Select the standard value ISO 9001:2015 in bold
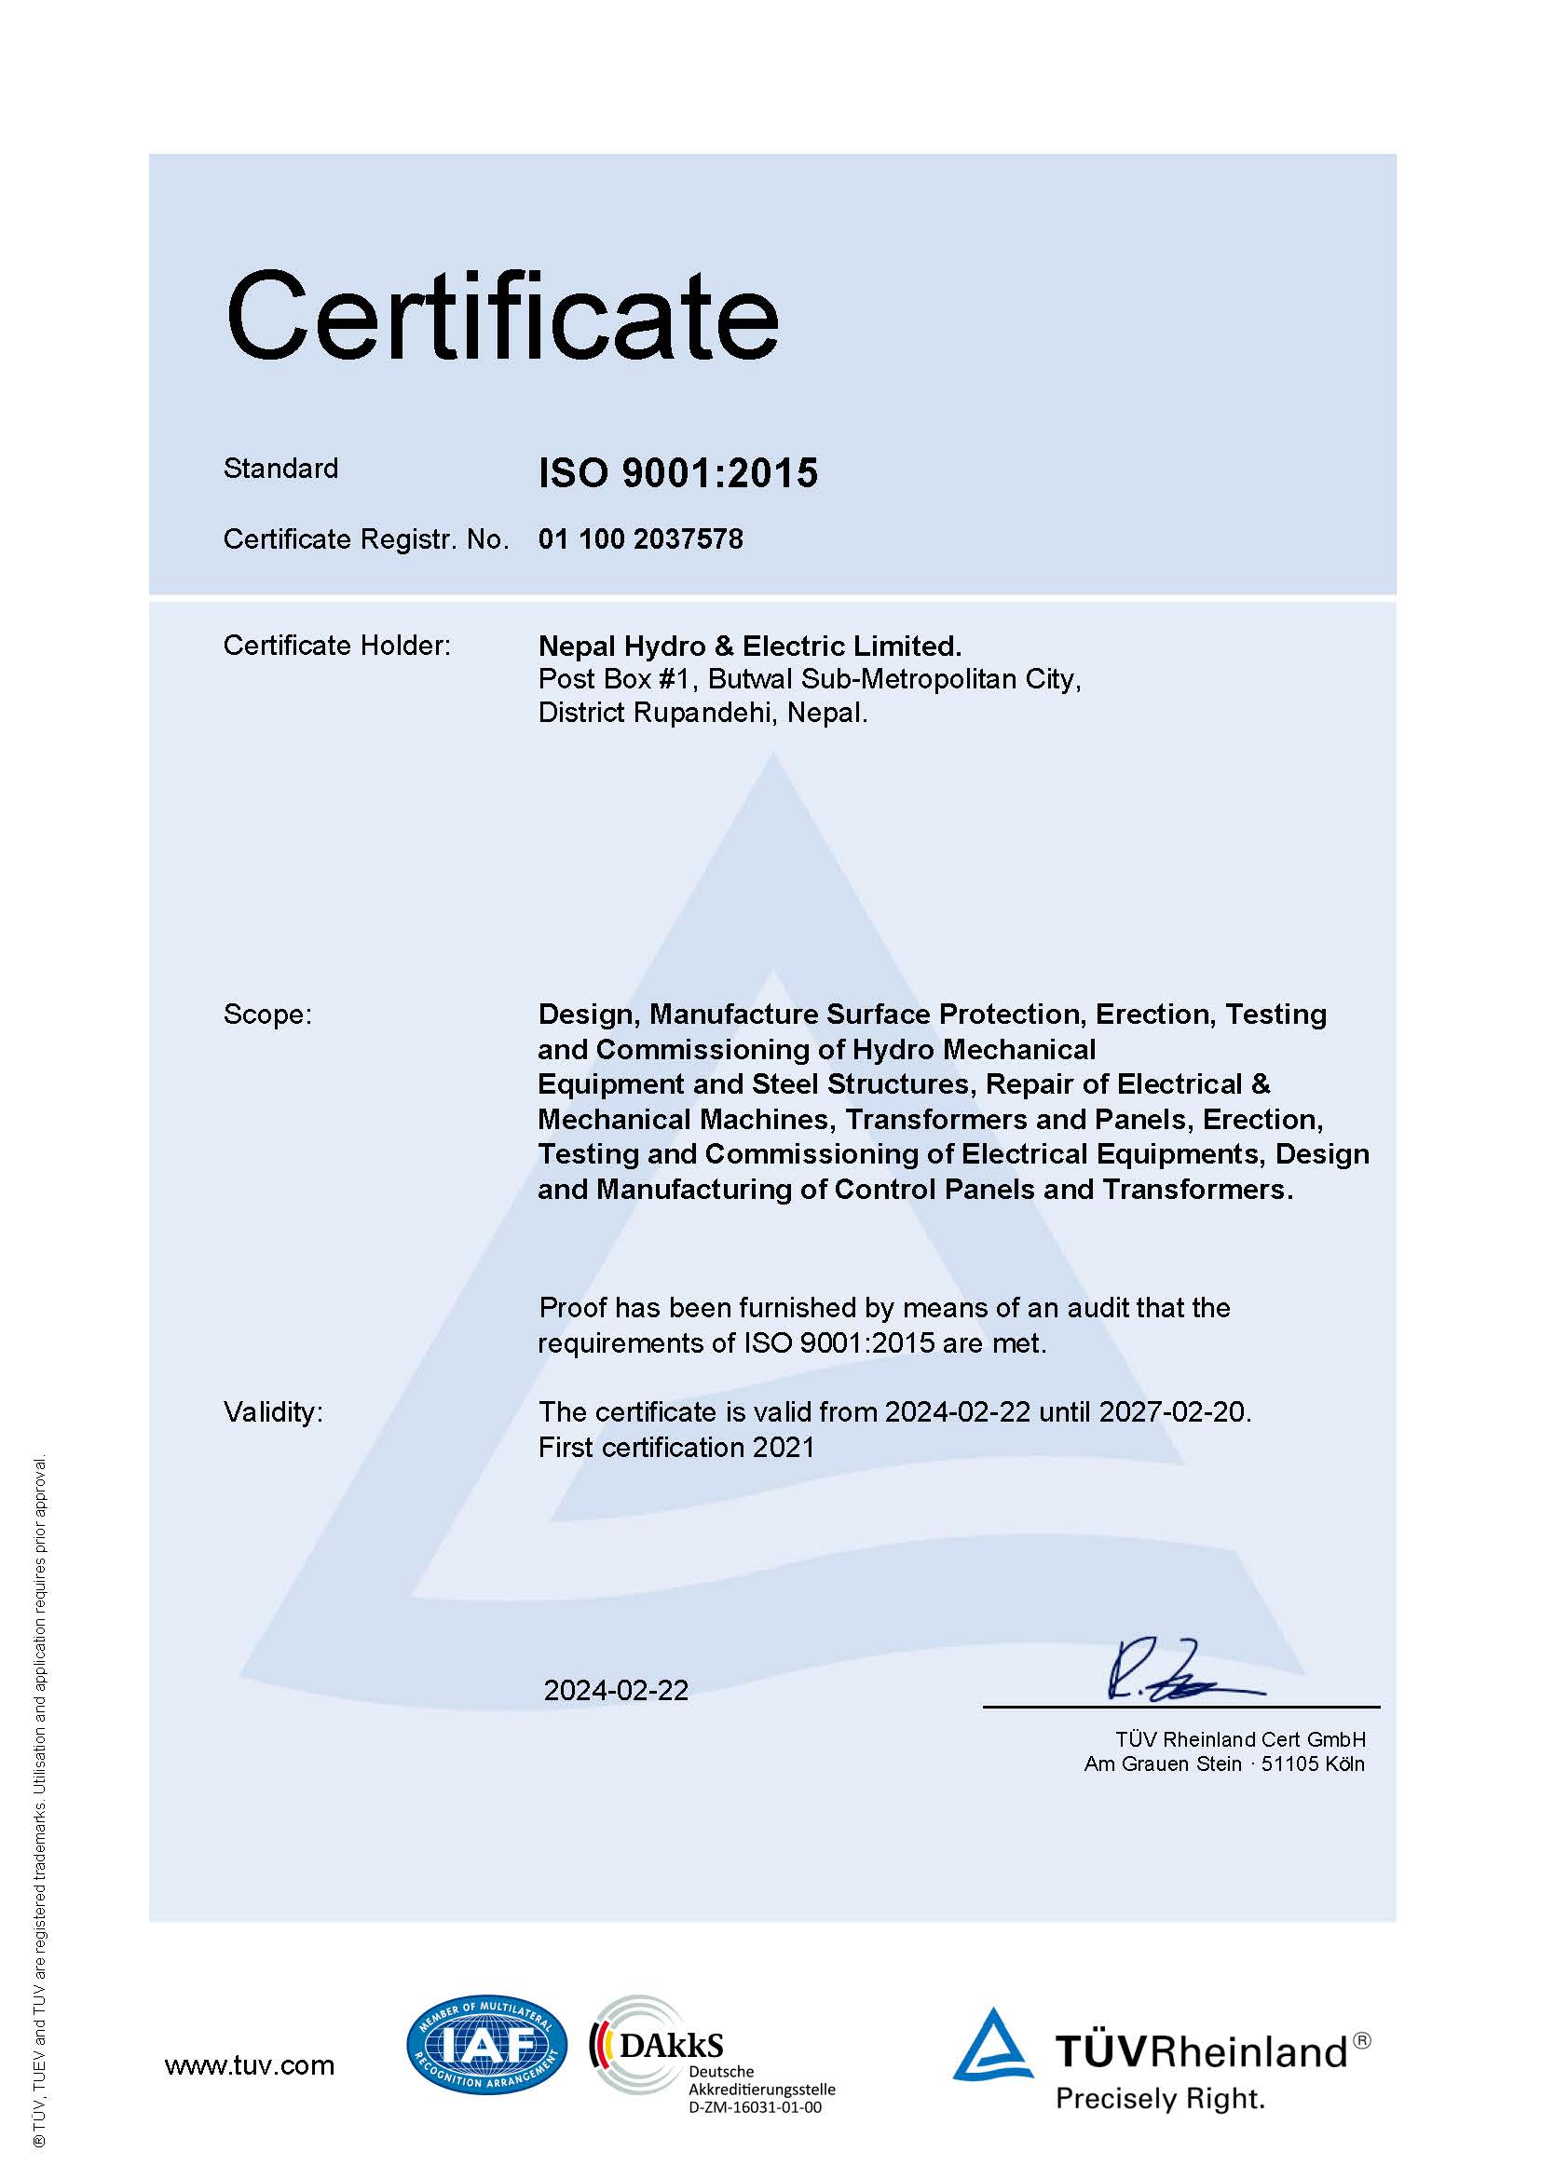click(677, 472)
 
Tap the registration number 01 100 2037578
click(640, 539)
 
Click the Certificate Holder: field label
click(337, 646)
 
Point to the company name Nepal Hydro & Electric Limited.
click(750, 647)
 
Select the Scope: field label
click(267, 1015)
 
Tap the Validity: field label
click(273, 1412)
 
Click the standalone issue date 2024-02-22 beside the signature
click(616, 1690)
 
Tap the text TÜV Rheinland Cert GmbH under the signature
click(1240, 1739)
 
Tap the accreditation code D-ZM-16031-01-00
click(756, 2108)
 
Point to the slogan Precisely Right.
click(1161, 2098)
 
